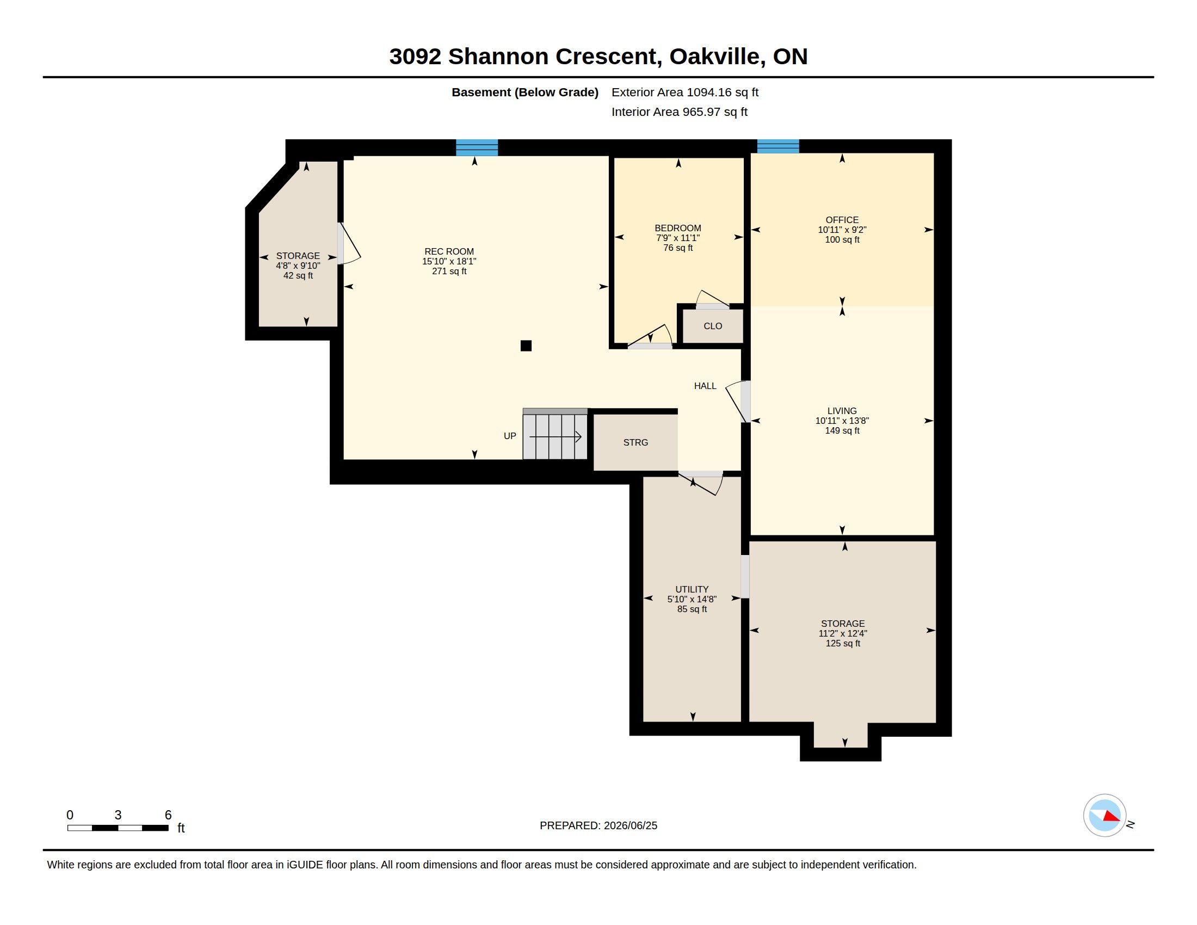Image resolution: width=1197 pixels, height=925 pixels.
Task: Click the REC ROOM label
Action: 449,252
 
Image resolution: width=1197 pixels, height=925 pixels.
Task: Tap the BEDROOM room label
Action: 678,228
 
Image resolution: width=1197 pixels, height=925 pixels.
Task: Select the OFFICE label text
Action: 842,220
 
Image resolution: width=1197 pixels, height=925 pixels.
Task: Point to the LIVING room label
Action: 842,411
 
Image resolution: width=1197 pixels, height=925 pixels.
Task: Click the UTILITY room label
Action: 692,590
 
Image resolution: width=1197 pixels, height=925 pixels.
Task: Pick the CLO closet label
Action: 713,326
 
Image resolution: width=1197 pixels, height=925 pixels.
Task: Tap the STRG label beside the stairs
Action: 635,442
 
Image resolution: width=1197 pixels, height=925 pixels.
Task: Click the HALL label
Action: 705,386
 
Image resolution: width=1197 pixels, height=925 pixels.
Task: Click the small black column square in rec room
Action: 526,346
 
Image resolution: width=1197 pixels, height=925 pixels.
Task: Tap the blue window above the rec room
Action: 477,147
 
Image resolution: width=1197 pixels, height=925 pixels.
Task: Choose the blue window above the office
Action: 778,146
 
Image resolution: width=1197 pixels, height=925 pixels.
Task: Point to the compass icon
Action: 1105,816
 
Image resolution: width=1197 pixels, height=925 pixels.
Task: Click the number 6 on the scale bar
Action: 168,815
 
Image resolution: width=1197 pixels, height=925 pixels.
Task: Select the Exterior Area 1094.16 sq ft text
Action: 685,92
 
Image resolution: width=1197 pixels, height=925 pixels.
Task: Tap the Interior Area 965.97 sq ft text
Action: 680,112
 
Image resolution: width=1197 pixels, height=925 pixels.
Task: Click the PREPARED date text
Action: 598,825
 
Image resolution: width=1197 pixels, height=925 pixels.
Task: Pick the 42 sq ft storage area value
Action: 298,276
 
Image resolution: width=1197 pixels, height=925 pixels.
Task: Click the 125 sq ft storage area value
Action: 843,643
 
